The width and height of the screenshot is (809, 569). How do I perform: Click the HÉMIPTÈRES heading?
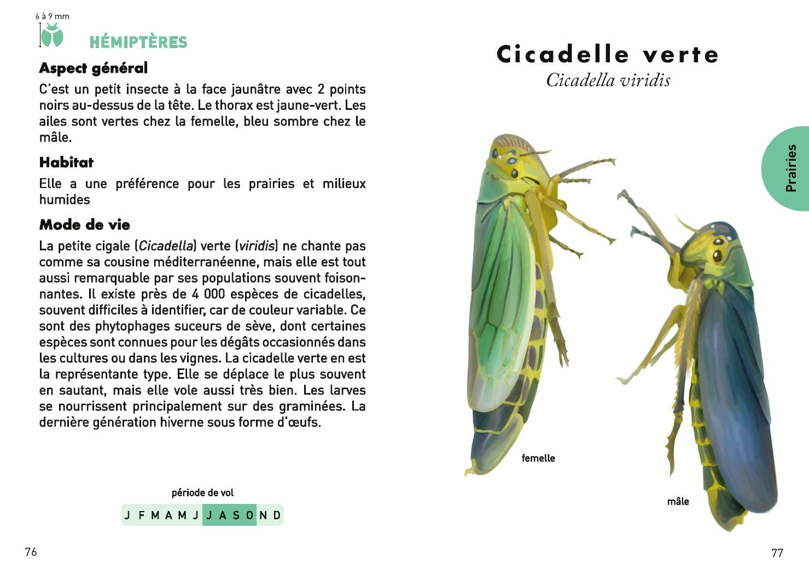click(x=138, y=42)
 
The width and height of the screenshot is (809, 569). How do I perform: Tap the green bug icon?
click(x=53, y=36)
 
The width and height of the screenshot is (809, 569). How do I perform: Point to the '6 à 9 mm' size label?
click(x=53, y=16)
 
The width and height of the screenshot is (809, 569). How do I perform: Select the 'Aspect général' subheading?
click(x=94, y=68)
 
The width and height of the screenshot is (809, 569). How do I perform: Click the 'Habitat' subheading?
click(x=66, y=162)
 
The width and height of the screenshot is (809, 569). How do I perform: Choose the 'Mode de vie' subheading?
click(x=85, y=225)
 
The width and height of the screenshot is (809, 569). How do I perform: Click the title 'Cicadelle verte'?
click(x=608, y=54)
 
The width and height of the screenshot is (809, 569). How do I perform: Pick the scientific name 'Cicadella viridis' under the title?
click(x=608, y=80)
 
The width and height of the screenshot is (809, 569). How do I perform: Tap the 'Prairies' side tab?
click(x=790, y=168)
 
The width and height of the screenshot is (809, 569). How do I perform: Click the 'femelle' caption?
click(x=538, y=458)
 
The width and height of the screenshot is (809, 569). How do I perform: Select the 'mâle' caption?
click(x=678, y=501)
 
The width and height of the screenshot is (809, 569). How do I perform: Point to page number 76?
click(x=31, y=552)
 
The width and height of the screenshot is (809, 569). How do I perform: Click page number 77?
click(x=777, y=553)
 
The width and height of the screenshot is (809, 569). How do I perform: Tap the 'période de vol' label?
click(x=202, y=492)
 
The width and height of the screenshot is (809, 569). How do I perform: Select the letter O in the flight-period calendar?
click(x=249, y=515)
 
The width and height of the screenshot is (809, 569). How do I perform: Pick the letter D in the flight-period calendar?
click(x=277, y=515)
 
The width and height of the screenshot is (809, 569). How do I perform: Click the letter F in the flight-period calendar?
click(x=142, y=515)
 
